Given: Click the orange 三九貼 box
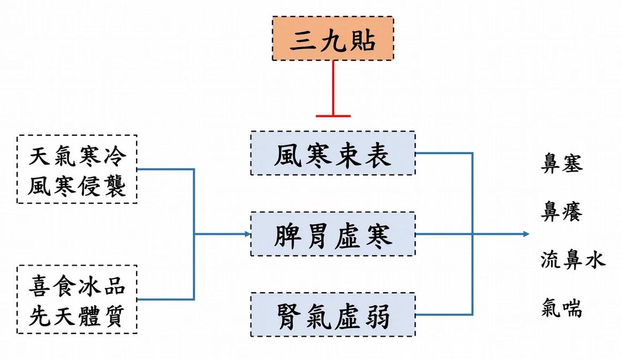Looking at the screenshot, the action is pyautogui.click(x=333, y=38).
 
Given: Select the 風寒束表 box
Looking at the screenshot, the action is pyautogui.click(x=333, y=153).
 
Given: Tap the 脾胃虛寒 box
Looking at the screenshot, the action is pyautogui.click(x=333, y=234).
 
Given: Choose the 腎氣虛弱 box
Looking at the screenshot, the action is pyautogui.click(x=333, y=315).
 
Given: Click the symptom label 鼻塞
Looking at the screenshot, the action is pyautogui.click(x=562, y=163).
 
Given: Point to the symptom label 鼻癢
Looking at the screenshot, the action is pyautogui.click(x=562, y=211).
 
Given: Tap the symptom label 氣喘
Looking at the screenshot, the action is pyautogui.click(x=562, y=308).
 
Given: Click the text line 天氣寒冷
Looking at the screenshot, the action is pyautogui.click(x=78, y=156).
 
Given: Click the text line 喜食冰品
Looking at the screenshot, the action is pyautogui.click(x=78, y=286).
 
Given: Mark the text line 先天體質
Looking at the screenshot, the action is pyautogui.click(x=78, y=316).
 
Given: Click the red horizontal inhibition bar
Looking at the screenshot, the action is pyautogui.click(x=333, y=116).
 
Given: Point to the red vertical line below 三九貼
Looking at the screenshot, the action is pyautogui.click(x=333, y=87).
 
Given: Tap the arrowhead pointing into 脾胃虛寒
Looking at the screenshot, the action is pyautogui.click(x=248, y=234).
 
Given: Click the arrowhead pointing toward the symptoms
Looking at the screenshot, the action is pyautogui.click(x=527, y=234).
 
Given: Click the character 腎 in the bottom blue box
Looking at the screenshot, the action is pyautogui.click(x=289, y=316).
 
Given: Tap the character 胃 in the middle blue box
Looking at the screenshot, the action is pyautogui.click(x=317, y=235).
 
